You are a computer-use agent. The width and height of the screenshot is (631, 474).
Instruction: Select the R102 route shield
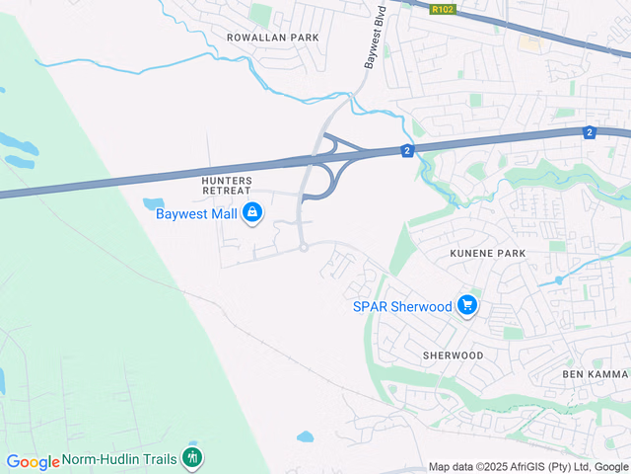[444, 9]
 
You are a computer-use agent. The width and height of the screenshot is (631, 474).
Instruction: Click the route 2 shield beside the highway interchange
[406, 150]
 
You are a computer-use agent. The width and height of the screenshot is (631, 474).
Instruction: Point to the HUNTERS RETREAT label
[227, 186]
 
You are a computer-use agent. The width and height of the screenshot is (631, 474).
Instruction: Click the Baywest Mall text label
[197, 212]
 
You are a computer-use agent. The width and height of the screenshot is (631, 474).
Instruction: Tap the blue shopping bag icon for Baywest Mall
[253, 212]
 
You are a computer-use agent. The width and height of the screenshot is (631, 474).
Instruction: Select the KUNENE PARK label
[487, 254]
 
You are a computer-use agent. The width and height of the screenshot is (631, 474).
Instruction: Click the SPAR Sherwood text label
[402, 306]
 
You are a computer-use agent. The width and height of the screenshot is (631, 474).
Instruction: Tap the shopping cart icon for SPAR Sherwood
[467, 306]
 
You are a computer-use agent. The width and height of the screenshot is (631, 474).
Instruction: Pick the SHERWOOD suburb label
[453, 355]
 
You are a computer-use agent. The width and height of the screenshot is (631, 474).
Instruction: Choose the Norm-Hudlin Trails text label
[119, 459]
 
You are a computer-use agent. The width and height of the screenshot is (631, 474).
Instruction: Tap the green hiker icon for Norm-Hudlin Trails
[192, 457]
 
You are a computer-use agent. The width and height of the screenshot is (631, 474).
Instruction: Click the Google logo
[33, 462]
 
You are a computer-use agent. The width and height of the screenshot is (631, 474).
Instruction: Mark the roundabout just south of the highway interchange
[304, 247]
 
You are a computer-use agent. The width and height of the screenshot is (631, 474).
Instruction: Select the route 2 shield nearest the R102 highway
[590, 132]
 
